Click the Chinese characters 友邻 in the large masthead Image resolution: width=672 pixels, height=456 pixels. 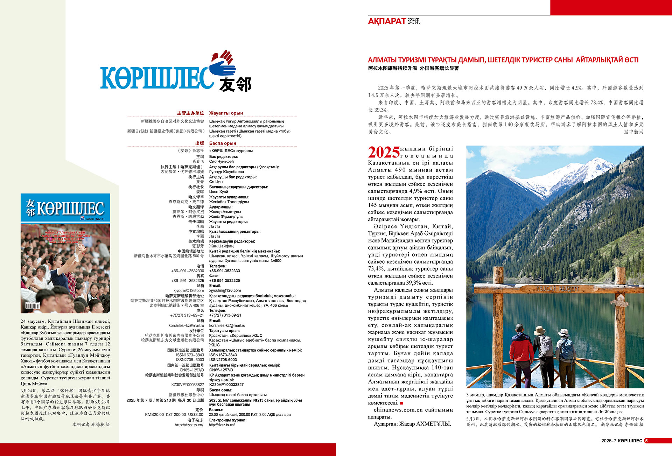tap(235, 84)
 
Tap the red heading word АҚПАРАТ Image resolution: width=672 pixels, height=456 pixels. tap(386, 21)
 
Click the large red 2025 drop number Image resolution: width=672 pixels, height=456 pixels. tap(384, 152)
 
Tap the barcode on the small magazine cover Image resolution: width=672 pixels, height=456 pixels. tap(33, 306)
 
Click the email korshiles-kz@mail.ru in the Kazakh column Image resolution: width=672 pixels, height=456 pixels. tap(227, 325)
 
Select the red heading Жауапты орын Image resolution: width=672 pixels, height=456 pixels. tap(226, 113)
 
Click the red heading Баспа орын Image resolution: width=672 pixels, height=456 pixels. tap(223, 143)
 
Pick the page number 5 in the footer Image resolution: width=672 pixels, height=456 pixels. tap(646, 441)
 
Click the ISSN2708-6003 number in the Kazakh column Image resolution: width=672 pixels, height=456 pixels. tap(223, 360)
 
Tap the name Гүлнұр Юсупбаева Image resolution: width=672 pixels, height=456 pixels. tap(226, 172)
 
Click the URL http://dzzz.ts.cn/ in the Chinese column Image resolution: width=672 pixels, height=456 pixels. tap(189, 425)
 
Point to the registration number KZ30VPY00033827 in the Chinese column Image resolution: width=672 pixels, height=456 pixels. tap(188, 385)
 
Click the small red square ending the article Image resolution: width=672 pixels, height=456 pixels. tap(401, 403)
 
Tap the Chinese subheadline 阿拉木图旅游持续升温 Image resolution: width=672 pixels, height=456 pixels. tap(392, 69)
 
